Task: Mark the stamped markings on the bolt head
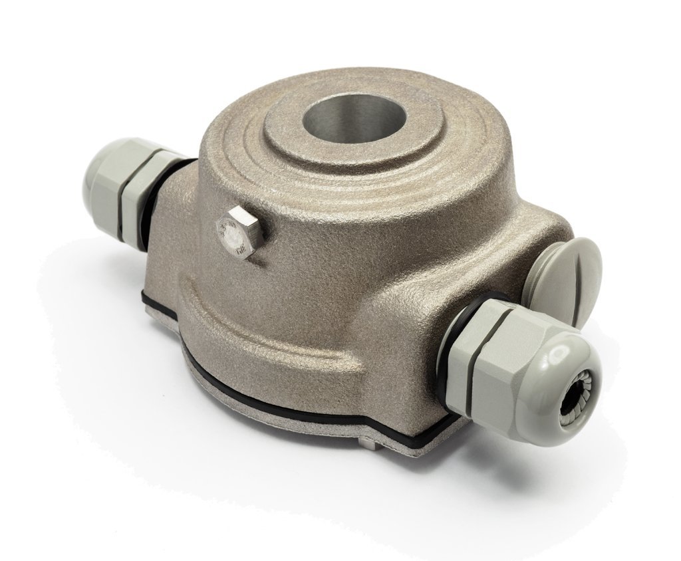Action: click(234, 237)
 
